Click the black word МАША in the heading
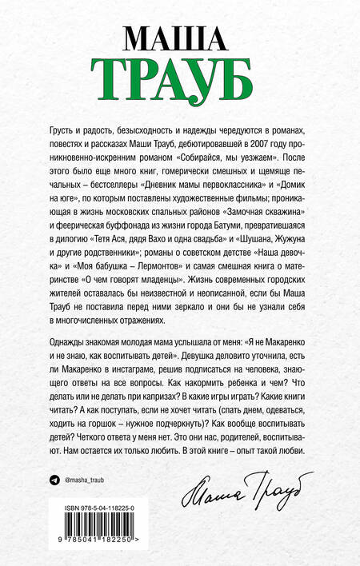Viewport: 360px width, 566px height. point(178,37)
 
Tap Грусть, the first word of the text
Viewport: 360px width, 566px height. point(65,133)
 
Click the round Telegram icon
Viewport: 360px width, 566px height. point(54,477)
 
